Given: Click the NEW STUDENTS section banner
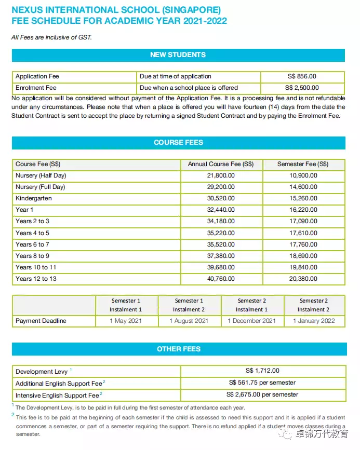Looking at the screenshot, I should click(178, 55).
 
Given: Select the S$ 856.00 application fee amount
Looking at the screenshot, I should click(302, 76).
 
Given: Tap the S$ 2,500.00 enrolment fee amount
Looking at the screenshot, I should click(302, 88).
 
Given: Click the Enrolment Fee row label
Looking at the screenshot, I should click(36, 88).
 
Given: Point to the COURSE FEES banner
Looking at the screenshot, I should click(178, 142).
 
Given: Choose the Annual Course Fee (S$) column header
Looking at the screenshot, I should click(221, 164).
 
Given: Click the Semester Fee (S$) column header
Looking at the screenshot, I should click(303, 164).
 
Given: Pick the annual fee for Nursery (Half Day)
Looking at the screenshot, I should click(221, 175).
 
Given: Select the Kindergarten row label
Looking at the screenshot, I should click(34, 198).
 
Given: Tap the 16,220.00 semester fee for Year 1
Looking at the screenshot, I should click(303, 210).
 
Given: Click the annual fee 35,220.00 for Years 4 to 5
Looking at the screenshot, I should click(221, 233).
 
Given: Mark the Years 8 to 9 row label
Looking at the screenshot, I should click(33, 256).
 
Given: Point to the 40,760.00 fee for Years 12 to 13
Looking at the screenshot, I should click(221, 279).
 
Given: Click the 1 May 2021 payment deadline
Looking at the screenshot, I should click(126, 321).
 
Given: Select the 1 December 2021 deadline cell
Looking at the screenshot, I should click(252, 321).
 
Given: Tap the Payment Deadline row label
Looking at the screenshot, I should click(41, 321).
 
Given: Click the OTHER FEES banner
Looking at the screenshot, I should click(178, 349).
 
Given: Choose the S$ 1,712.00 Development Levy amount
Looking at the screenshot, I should click(262, 371).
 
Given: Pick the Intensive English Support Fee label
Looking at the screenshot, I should click(57, 396).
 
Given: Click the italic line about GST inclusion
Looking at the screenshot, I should click(51, 37).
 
